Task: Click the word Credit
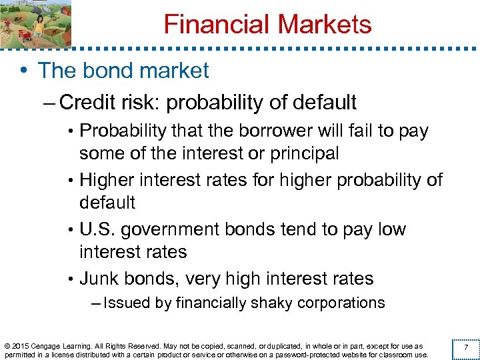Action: tap(88, 103)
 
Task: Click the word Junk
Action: tap(101, 279)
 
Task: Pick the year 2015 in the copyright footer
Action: tap(20, 346)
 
